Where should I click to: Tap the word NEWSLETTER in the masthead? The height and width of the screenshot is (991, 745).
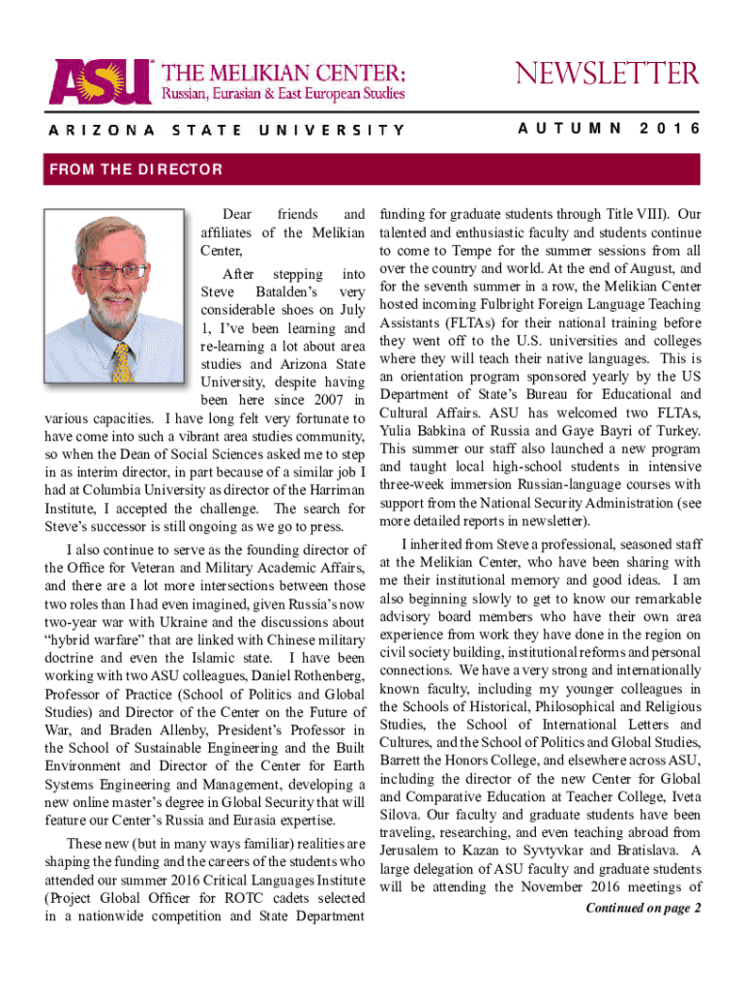(x=606, y=74)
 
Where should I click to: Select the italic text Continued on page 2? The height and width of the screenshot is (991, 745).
(x=643, y=908)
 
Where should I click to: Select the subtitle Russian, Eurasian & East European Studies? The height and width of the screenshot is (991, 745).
(x=283, y=93)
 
